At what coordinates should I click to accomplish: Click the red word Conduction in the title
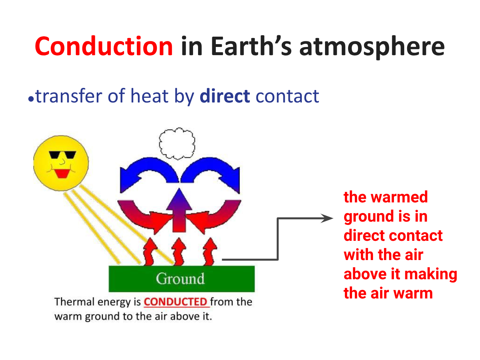coord(104,46)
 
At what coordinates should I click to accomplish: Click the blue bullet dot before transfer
coord(31,99)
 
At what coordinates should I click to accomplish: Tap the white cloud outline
coord(177,144)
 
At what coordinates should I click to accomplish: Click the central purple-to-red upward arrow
coord(179,210)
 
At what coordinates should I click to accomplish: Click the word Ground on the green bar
coord(180,279)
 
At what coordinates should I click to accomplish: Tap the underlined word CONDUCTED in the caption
coord(175,302)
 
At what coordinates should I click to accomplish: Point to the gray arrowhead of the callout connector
coord(327,218)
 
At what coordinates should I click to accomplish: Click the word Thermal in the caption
coord(75,302)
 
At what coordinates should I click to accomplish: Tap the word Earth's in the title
coord(251,46)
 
